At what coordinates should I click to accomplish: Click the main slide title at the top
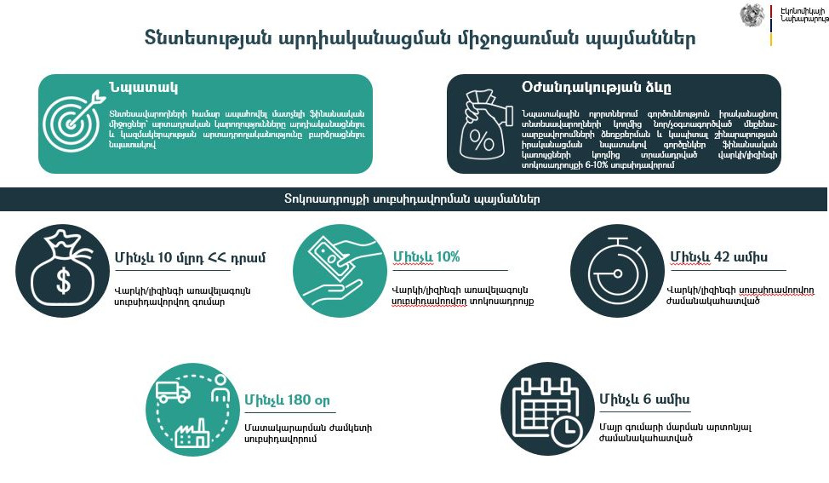[x=419, y=39]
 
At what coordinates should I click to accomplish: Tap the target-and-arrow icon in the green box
[x=71, y=124]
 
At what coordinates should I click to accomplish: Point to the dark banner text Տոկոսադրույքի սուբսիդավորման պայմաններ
[x=412, y=199]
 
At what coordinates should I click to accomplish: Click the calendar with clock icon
[x=547, y=411]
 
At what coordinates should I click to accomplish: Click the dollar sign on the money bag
[x=63, y=280]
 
